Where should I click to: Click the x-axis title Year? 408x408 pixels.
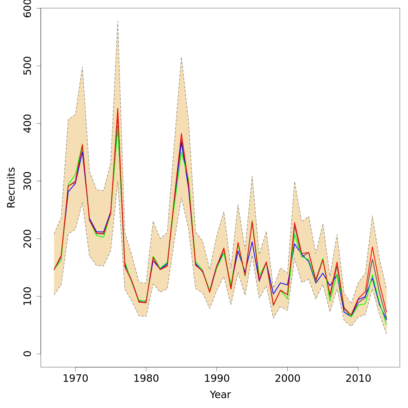pos(220,395)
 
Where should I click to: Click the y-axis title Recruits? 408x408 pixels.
pos(11,187)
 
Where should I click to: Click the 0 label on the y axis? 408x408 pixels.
pos(28,354)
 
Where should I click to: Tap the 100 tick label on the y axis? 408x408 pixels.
pos(28,296)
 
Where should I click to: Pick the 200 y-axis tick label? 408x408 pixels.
pos(28,238)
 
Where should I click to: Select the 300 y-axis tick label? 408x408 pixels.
pos(28,181)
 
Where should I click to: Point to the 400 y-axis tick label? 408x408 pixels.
pos(28,123)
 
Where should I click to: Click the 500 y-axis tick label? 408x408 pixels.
pos(28,66)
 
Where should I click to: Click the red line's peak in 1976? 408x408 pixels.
pos(118,108)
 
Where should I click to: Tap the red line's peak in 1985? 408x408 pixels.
pos(182,134)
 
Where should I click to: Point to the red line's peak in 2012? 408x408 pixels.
pos(372,247)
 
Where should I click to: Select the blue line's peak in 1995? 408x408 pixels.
pos(252,242)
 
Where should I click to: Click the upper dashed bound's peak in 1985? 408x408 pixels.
pos(182,57)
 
